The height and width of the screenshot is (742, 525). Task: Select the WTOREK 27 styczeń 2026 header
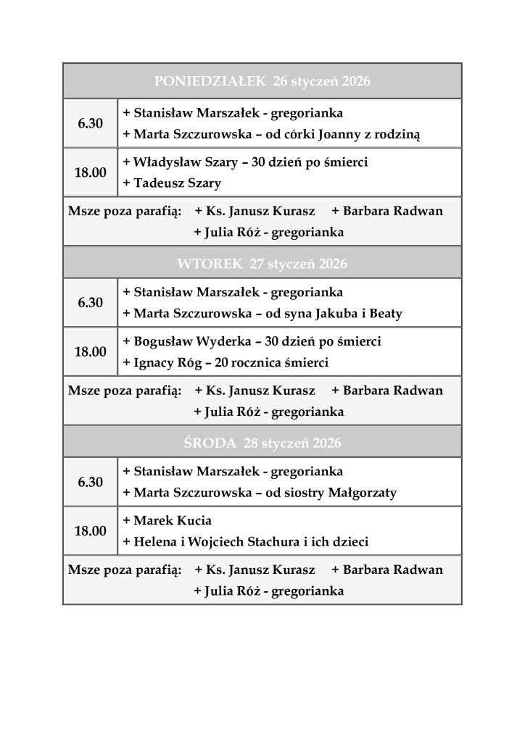[x=262, y=264]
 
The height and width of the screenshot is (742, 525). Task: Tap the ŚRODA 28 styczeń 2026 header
[x=262, y=443]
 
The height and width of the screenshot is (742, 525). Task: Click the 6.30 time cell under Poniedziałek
[x=91, y=124]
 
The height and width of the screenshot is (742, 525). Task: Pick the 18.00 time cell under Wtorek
[x=91, y=352]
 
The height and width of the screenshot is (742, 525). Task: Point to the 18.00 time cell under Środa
[x=91, y=531]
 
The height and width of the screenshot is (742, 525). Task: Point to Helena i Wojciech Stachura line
[x=246, y=541]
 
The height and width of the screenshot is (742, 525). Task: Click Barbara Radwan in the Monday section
[x=392, y=212]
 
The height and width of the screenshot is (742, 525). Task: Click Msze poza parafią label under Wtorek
[x=124, y=391]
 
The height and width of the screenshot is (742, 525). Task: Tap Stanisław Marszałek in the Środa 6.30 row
[x=194, y=472]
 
